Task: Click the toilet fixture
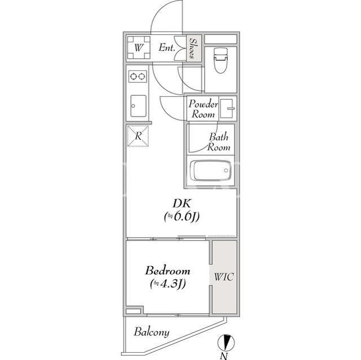click(221, 60)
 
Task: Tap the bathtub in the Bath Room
click(210, 170)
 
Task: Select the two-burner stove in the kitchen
click(138, 76)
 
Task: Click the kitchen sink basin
click(138, 106)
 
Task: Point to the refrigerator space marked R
click(138, 136)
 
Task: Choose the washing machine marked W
click(139, 48)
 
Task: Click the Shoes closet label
click(192, 48)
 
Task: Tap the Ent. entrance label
click(167, 47)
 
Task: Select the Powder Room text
click(203, 109)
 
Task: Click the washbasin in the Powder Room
click(227, 109)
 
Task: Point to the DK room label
click(182, 203)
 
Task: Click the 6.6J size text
click(182, 216)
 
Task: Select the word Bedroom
click(168, 270)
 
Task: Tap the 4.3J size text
click(168, 284)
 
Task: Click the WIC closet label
click(224, 277)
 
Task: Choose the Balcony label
click(152, 332)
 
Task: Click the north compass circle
click(226, 343)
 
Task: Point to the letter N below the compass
click(224, 356)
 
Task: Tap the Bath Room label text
click(218, 142)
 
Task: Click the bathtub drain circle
click(226, 170)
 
